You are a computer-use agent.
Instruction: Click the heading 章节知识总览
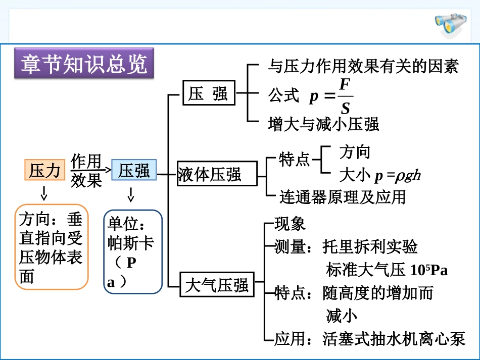coord(84,65)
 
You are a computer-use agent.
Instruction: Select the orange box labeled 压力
coord(45,170)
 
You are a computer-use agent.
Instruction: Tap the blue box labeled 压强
coord(134,170)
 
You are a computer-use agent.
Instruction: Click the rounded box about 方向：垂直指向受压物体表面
coord(51,247)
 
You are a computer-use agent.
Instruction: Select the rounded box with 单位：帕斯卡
coord(132,251)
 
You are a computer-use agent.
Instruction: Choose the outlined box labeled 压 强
coord(209,93)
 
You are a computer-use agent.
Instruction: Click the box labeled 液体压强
coord(210,175)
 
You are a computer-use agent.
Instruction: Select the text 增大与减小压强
coord(323,124)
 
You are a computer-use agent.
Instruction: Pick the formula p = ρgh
coord(397,176)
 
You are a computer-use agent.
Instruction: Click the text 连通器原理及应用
coord(343,196)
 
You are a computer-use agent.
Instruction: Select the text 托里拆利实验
coord(370,247)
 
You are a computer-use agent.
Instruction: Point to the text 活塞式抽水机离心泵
coord(394,339)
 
